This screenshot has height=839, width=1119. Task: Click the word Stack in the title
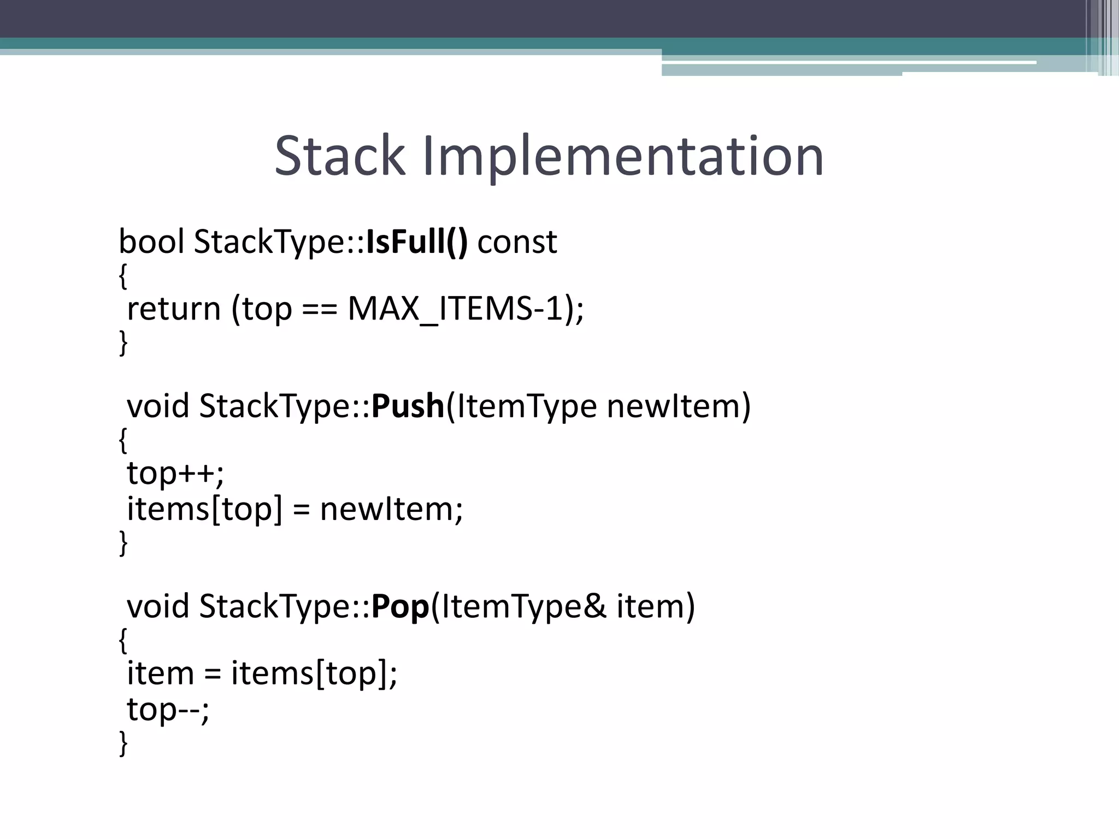point(340,156)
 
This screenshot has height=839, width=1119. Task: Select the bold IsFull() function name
point(417,241)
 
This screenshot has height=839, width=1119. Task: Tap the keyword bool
point(151,241)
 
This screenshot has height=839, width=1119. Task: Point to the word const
point(517,243)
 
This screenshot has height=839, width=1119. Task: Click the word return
point(174,309)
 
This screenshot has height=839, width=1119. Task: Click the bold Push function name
point(408,406)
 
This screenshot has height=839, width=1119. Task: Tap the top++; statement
point(175,473)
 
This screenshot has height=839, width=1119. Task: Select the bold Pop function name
point(400,607)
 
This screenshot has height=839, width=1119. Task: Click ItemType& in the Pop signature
point(523,607)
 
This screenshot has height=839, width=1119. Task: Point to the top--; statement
point(168,710)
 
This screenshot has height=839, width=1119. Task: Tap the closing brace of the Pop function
point(123,743)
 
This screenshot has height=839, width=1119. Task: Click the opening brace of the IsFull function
point(123,276)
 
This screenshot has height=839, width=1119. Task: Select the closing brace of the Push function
point(123,542)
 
